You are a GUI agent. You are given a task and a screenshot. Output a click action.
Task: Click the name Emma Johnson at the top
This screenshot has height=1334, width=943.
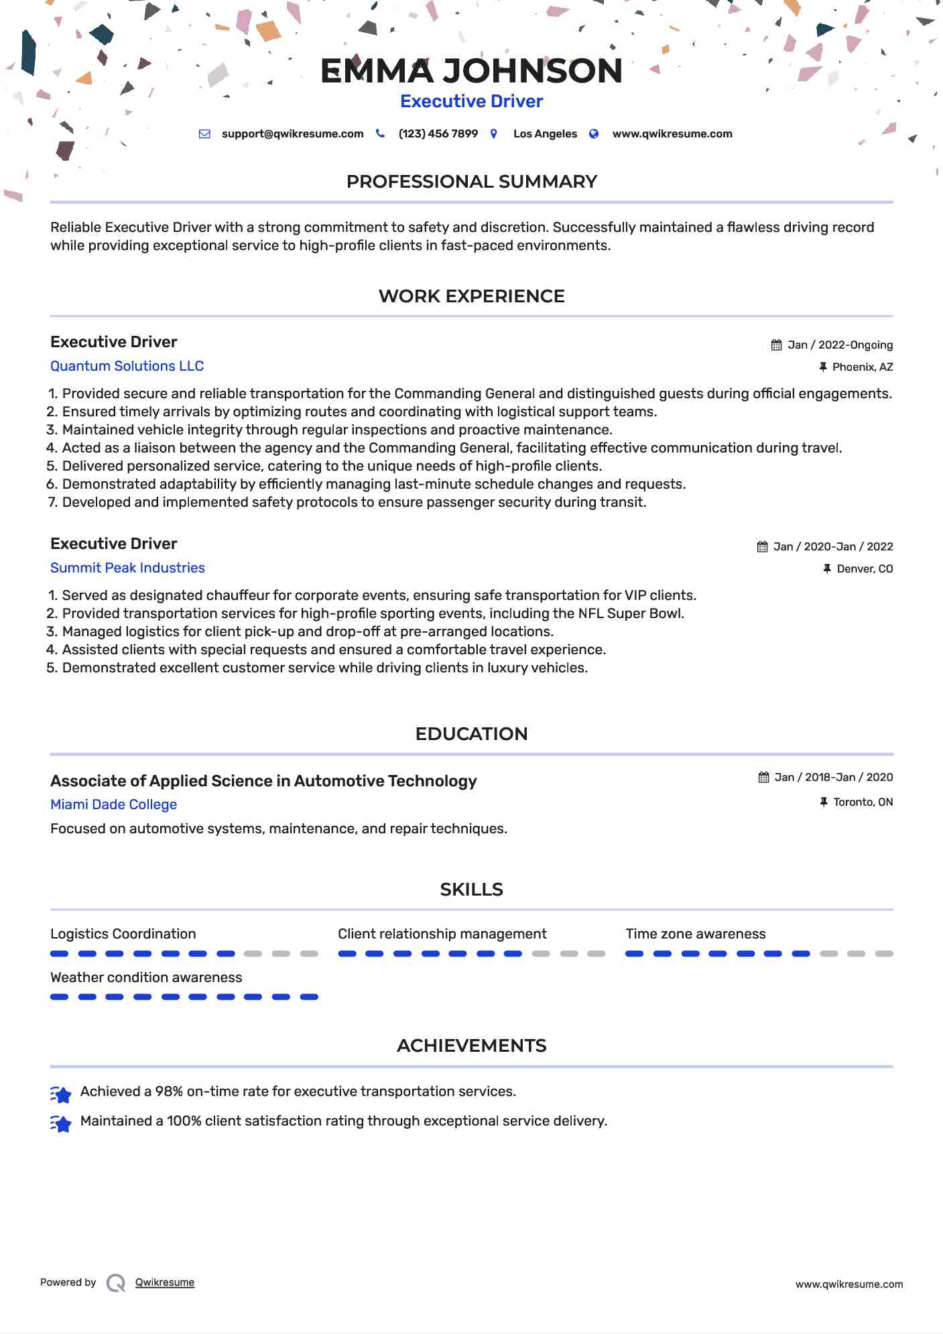[x=471, y=71]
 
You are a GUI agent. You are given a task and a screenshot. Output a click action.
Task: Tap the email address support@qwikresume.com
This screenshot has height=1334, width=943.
[x=292, y=134]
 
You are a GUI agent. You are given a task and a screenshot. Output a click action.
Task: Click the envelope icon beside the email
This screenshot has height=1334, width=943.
[x=204, y=134]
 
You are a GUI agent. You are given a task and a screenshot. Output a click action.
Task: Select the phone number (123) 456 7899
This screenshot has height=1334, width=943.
[x=438, y=134]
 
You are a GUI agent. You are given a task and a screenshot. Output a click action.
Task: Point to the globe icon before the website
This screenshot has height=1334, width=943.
[x=594, y=134]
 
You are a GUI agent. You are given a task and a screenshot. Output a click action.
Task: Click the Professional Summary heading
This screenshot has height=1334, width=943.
[x=471, y=182]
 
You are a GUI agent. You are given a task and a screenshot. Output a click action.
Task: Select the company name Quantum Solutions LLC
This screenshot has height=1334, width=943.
[x=127, y=366]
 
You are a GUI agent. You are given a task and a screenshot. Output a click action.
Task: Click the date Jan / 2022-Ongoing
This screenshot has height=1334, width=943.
[x=840, y=345]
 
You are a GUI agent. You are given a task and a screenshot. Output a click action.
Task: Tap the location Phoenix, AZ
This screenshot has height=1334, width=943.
[x=862, y=367]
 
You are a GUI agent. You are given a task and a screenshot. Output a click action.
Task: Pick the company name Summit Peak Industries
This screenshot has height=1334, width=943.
[x=127, y=568]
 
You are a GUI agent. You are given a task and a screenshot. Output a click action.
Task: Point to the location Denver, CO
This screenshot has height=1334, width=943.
[x=865, y=569]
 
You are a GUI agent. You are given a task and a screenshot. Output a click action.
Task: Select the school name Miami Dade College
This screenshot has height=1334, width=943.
[x=113, y=804]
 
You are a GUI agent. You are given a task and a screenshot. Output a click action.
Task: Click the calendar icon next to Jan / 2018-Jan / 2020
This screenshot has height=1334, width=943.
[x=763, y=778]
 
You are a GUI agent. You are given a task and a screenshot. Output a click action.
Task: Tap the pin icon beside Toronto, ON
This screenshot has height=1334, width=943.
[x=824, y=802]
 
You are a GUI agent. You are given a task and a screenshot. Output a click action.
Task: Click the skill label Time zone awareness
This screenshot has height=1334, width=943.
[x=695, y=934]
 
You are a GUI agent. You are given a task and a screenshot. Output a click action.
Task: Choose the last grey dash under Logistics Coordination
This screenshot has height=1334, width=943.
[x=309, y=953]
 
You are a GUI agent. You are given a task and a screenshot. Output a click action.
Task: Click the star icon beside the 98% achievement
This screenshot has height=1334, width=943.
[x=61, y=1095]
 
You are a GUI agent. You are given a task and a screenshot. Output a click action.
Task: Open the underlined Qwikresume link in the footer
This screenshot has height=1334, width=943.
[x=164, y=1282]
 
